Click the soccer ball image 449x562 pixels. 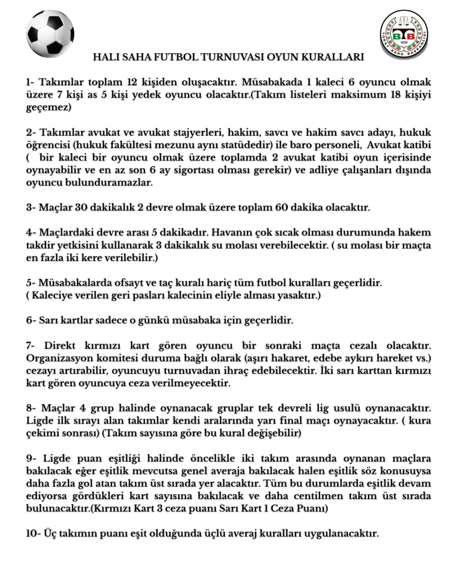point(50,33)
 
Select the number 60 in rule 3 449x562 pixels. point(281,207)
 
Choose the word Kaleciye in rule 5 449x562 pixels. point(50,295)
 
